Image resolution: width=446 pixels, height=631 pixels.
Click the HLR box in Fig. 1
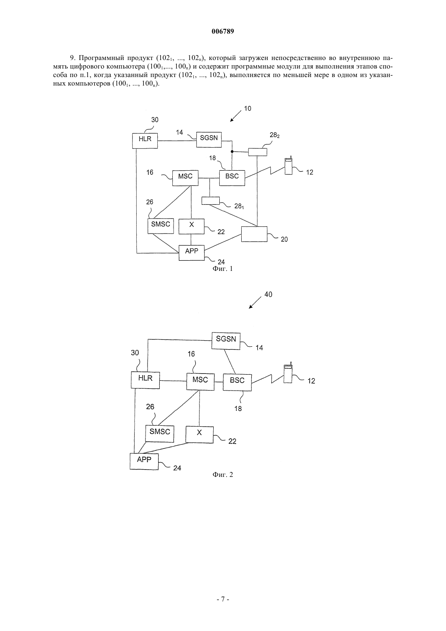pos(145,141)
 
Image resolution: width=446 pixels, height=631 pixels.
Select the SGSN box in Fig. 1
pos(209,139)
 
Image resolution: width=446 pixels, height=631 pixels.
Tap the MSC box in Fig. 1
pos(185,178)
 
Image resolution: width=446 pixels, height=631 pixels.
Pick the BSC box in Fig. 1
pos(232,178)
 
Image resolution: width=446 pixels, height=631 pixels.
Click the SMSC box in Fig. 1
pos(161,226)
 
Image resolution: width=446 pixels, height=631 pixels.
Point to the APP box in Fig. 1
pos(192,253)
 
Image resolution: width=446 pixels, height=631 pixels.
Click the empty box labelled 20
pos(254,234)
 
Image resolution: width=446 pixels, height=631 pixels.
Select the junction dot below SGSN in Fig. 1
pos(232,152)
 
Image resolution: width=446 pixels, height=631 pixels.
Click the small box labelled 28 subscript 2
pos(257,152)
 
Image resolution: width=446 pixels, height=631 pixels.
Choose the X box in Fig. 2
pos(199,435)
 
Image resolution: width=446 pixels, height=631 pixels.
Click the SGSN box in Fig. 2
pos(226,341)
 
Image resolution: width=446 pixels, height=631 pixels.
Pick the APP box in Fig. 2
pos(144,461)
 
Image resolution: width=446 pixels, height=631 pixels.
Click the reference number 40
pos(268,294)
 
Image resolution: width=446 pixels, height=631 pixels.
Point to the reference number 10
pos(247,108)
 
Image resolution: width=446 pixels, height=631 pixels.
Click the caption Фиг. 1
pos(223,269)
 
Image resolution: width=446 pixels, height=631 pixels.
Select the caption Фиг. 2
pos(223,474)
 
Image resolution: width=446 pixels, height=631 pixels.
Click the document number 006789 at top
pos(223,31)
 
